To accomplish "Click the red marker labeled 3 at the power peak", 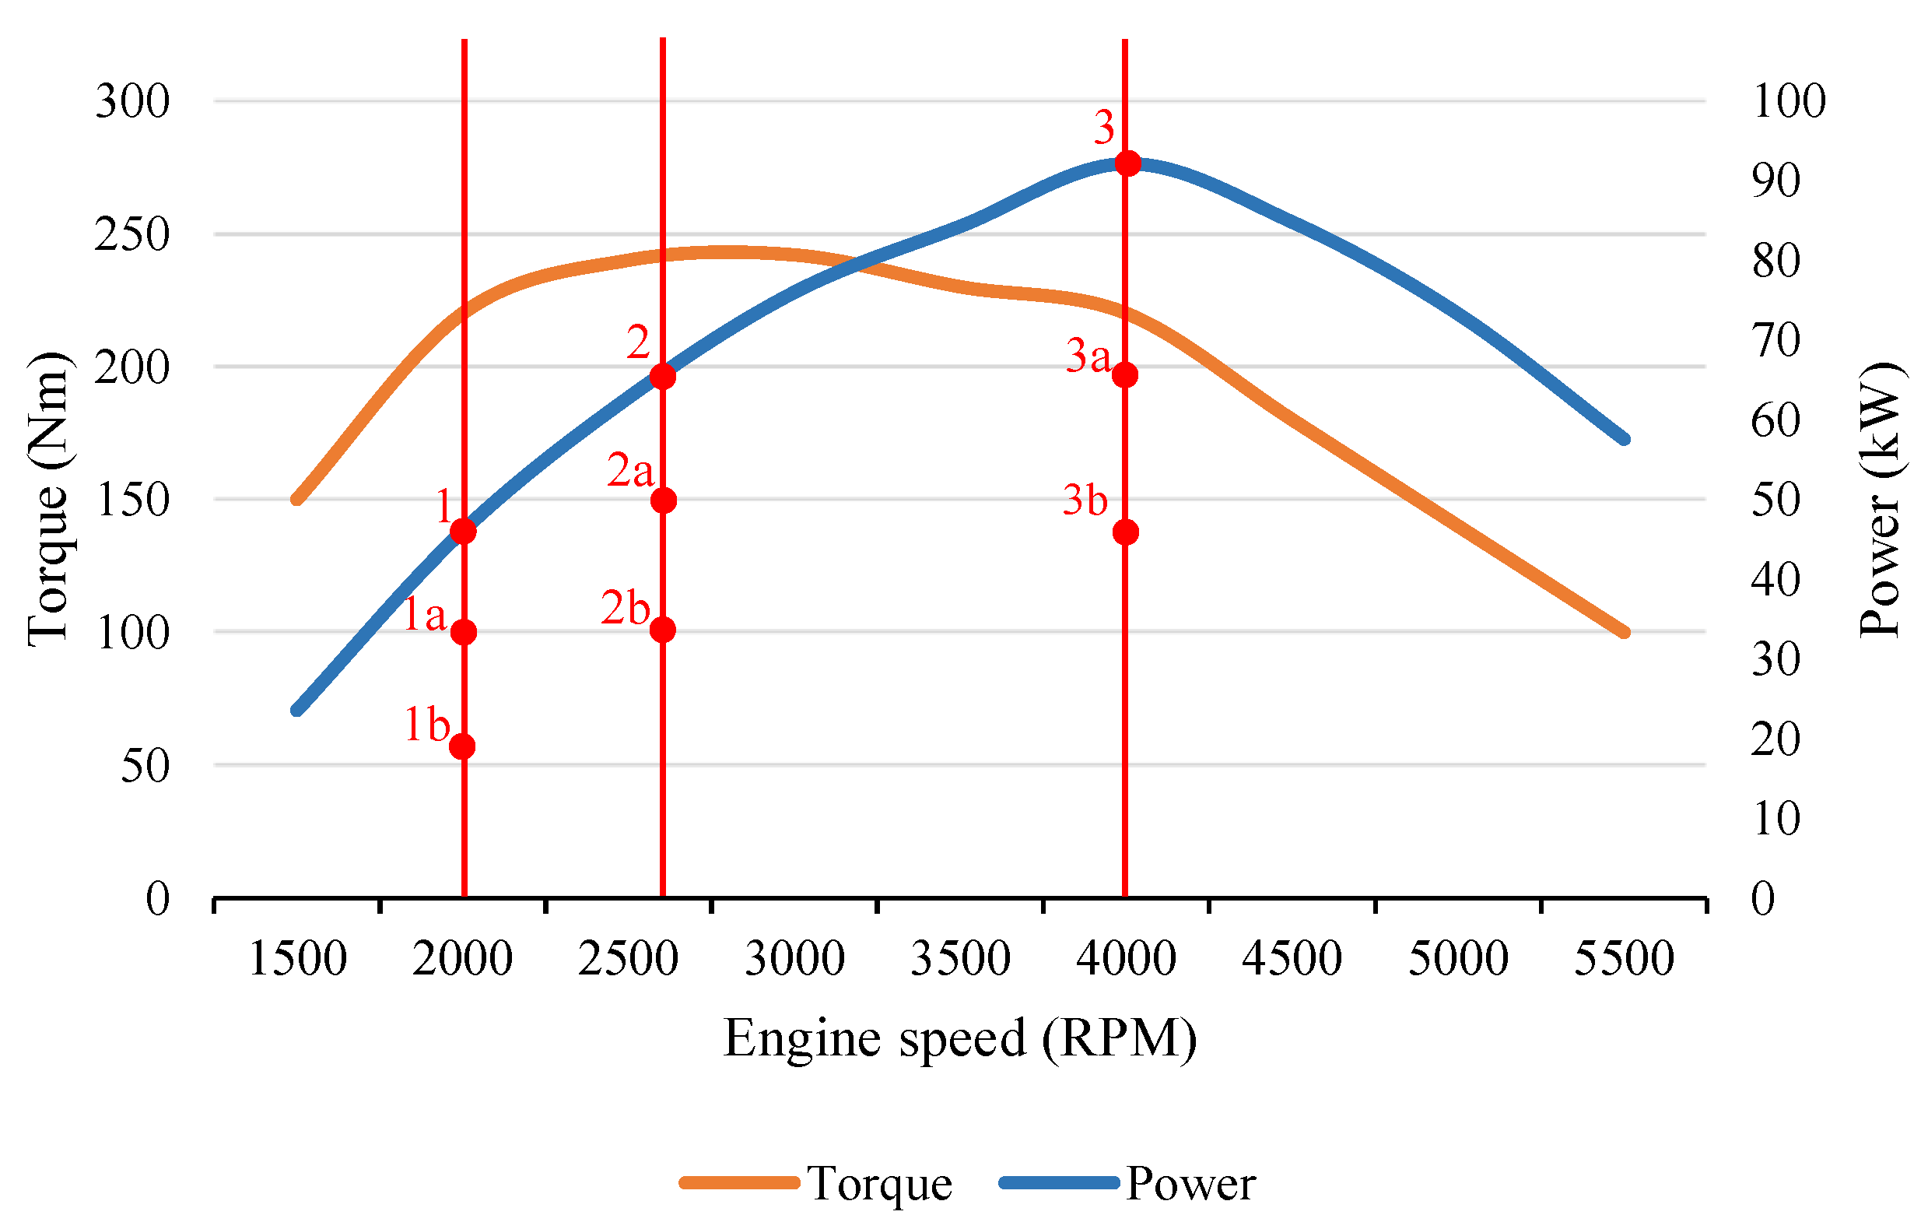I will click(1128, 163).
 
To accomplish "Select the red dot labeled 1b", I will click(462, 746).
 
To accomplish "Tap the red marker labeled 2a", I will click(663, 500).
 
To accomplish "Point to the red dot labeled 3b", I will click(1126, 532).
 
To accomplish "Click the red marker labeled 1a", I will click(464, 633).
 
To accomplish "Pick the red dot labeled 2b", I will click(662, 630).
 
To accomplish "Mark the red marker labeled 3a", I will click(1125, 374).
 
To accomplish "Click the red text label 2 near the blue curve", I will click(637, 343).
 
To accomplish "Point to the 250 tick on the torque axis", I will click(132, 234).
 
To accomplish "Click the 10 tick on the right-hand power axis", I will click(1775, 818).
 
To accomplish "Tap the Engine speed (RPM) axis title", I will click(960, 1039).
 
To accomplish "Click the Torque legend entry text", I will click(880, 1184).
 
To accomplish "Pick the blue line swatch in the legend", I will click(1058, 1183).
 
